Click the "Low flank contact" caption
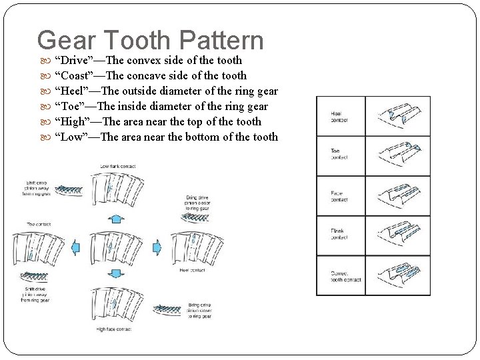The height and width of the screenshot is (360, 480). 118,166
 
